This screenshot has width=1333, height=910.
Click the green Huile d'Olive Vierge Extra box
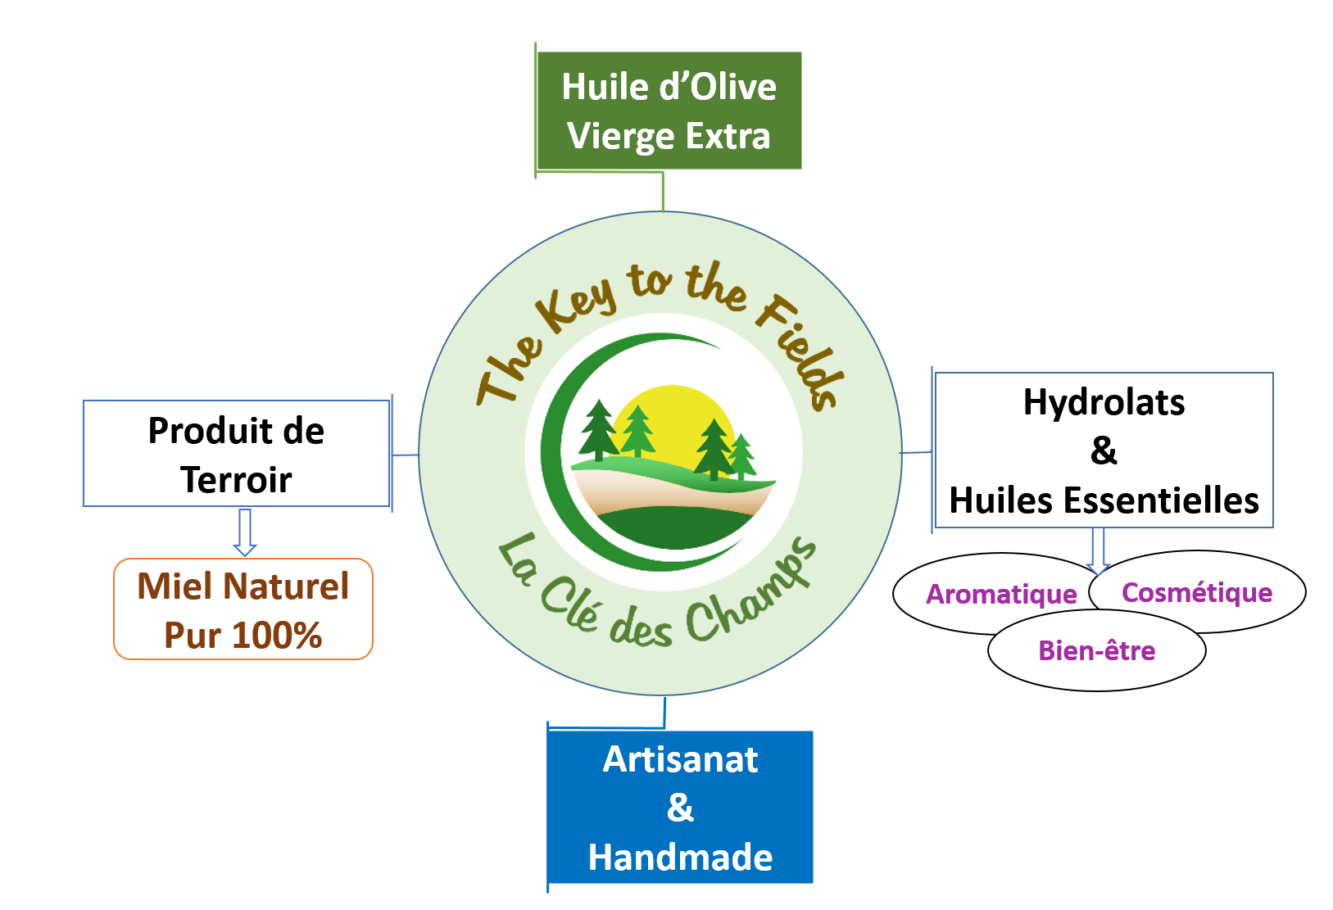click(x=669, y=111)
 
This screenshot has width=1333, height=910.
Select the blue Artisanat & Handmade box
click(x=680, y=807)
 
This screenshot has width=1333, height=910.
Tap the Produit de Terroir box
click(x=236, y=454)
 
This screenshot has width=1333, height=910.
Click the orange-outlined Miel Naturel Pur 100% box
click(x=243, y=609)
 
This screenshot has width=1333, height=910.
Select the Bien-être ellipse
click(x=1097, y=651)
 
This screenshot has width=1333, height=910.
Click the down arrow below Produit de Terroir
click(x=245, y=532)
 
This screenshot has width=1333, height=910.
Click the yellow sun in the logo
click(x=673, y=418)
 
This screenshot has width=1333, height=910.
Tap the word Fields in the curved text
click(x=800, y=353)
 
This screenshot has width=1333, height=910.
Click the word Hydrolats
click(x=1104, y=402)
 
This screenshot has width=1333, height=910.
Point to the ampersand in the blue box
click(x=680, y=808)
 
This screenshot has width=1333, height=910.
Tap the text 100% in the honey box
click(x=277, y=636)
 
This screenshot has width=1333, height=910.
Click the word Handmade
click(x=680, y=858)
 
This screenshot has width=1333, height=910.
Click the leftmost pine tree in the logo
click(x=599, y=429)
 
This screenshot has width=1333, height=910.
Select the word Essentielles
click(x=1161, y=500)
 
